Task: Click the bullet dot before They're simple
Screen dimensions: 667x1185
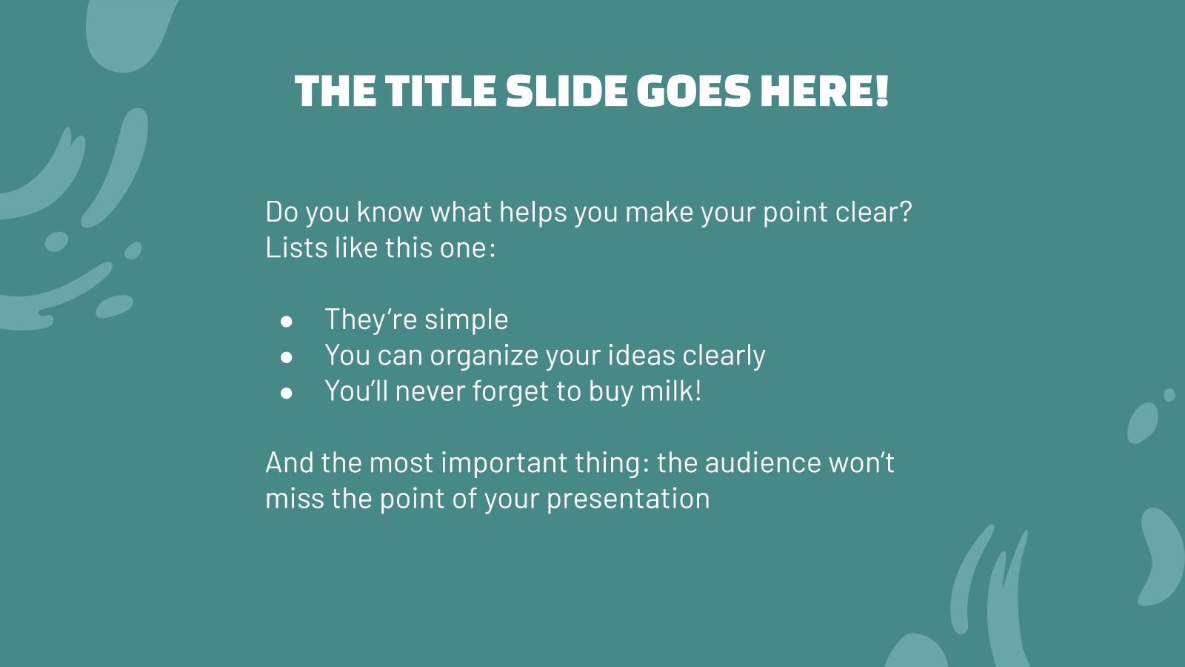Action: coord(287,321)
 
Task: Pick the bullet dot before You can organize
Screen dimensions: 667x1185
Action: coord(287,357)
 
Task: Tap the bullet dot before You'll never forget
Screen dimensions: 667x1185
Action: coord(287,393)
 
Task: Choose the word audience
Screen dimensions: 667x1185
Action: coord(763,462)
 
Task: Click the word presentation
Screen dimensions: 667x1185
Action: coord(628,499)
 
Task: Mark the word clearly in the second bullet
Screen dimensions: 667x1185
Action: coord(724,356)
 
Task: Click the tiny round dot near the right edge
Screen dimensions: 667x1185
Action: coord(1169,395)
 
